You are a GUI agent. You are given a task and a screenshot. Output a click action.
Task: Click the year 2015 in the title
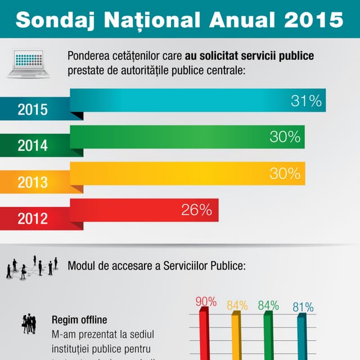click(313, 20)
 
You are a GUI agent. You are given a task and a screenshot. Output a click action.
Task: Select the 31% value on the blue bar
click(306, 101)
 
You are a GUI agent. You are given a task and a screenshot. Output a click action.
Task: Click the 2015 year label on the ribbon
click(33, 110)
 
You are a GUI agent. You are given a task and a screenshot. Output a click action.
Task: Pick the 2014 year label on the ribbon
click(33, 146)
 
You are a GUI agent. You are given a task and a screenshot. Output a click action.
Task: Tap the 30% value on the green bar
click(285, 137)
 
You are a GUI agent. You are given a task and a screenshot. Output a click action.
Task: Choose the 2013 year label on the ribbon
click(33, 183)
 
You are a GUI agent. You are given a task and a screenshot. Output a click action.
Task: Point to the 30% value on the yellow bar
click(285, 174)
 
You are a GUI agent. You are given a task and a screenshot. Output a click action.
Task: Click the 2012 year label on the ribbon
click(33, 218)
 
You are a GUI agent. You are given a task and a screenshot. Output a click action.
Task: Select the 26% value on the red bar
click(196, 210)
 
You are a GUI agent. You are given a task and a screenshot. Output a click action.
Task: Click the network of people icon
click(33, 267)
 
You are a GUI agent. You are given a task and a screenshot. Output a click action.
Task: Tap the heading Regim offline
click(79, 320)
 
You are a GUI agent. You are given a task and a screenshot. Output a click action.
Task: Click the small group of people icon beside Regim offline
click(29, 324)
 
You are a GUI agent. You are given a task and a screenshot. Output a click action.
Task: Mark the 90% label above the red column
click(206, 302)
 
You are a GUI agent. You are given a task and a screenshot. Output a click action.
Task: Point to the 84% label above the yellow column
click(237, 305)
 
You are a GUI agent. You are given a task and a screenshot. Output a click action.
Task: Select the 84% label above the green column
click(268, 305)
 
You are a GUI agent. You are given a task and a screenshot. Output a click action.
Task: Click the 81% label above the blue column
click(303, 307)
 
